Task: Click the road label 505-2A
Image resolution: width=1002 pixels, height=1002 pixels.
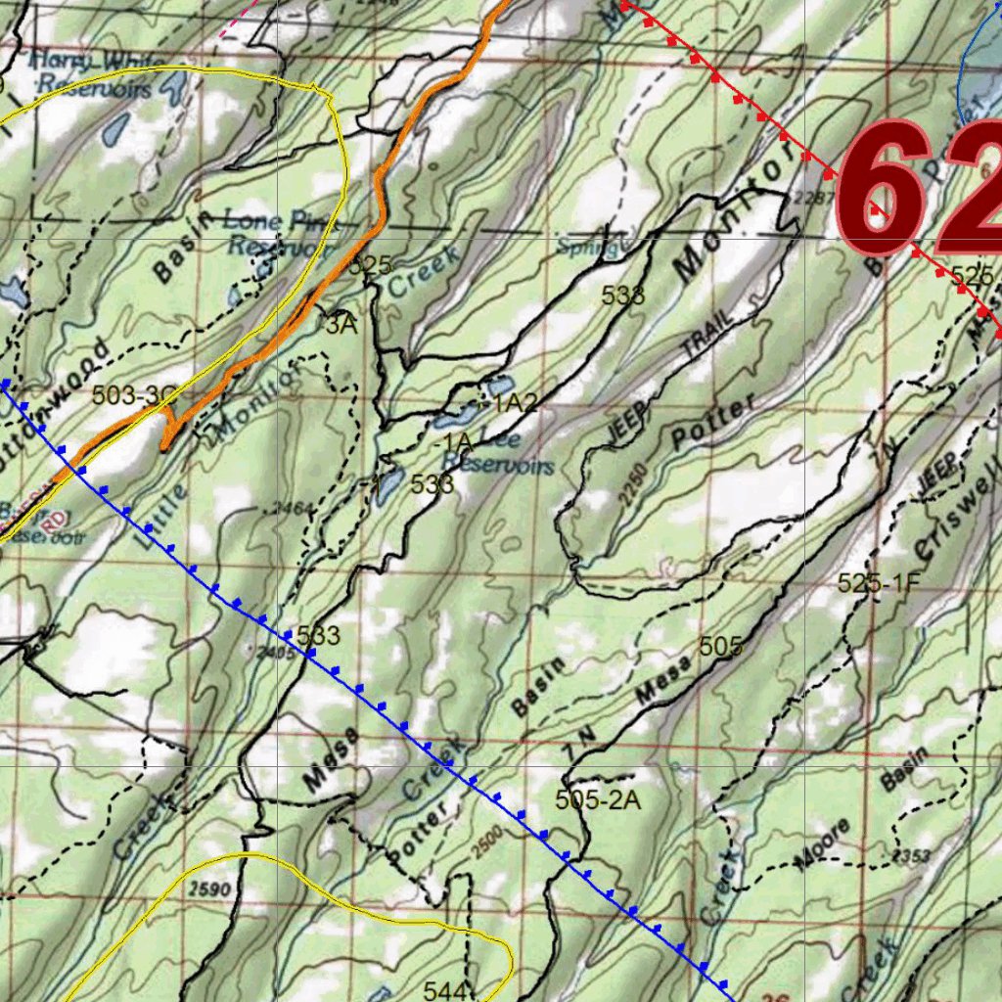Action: [x=598, y=799]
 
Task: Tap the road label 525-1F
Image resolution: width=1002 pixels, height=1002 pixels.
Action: [x=880, y=584]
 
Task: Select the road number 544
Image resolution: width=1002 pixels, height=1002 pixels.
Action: [x=446, y=989]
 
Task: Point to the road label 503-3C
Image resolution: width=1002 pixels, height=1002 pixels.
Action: [x=135, y=396]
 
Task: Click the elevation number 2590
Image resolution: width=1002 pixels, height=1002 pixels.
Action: [x=206, y=888]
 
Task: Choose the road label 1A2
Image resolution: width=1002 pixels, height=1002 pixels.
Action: [x=515, y=402]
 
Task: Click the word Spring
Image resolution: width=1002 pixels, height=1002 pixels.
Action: [x=587, y=248]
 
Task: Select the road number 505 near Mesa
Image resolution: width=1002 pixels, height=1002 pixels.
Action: [x=721, y=647]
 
